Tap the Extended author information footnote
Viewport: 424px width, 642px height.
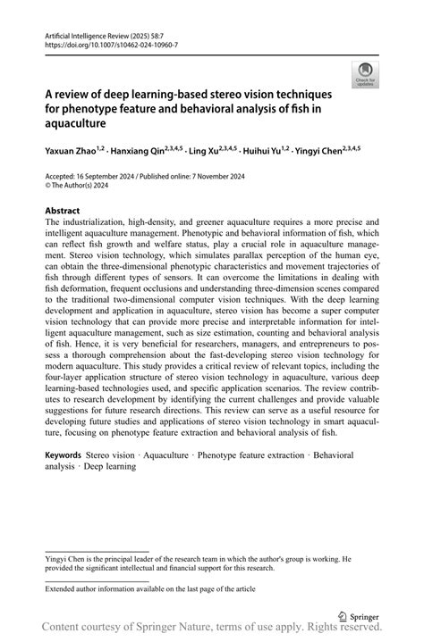pyautogui.click(x=142, y=589)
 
